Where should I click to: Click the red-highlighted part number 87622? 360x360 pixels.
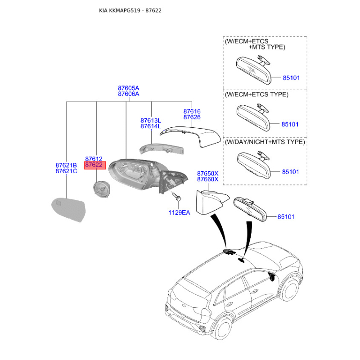94,165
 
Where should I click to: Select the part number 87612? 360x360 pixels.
94,159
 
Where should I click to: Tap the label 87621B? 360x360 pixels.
66,165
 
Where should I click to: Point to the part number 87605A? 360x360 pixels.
129,88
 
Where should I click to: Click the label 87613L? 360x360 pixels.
151,121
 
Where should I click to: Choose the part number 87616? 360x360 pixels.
192,111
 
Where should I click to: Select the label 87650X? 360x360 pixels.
208,173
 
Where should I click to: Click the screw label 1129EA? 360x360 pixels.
179,212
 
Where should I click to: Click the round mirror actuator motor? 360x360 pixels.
102,189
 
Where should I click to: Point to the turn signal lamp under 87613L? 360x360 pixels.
162,149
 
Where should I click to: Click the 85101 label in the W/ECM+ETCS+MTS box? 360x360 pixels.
291,78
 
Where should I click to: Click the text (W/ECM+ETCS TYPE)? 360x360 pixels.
256,94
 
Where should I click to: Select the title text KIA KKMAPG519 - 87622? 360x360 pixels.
130,10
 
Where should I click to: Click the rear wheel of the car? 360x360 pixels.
222,328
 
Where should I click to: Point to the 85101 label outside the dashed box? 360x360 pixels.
286,217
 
